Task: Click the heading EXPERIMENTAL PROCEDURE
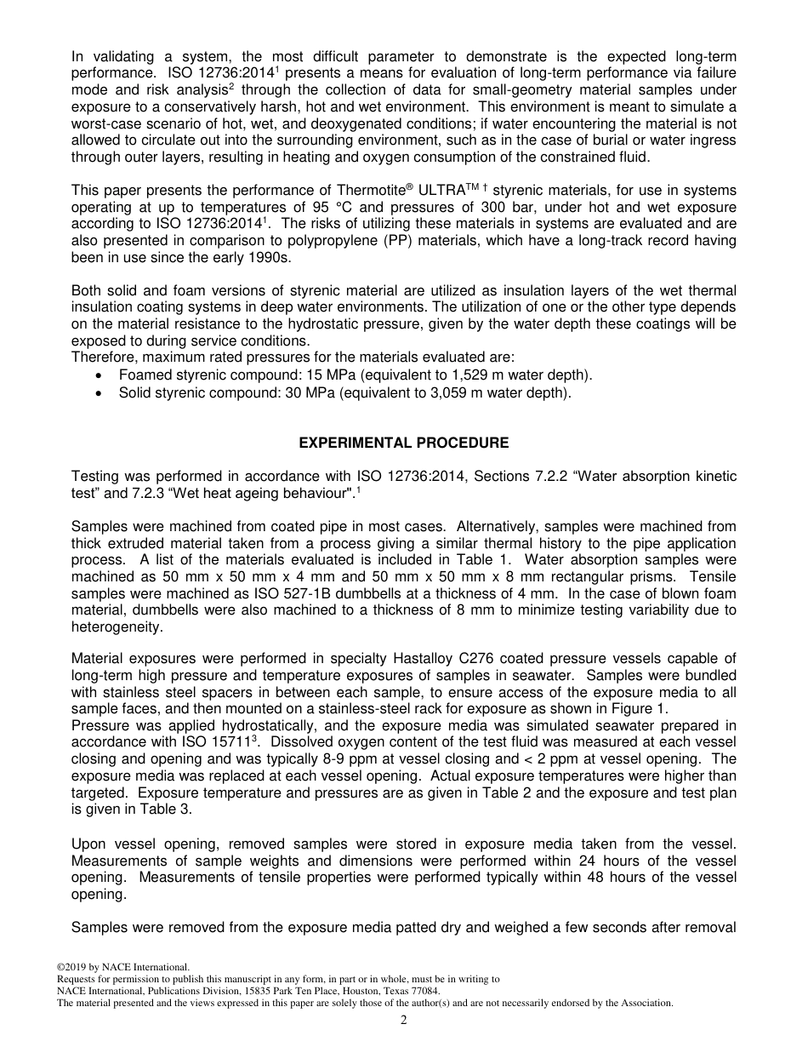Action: click(x=404, y=443)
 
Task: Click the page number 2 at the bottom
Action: click(x=404, y=1021)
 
